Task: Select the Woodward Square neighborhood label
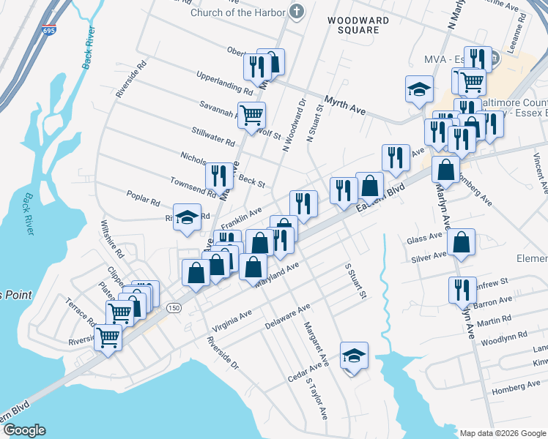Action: point(353,25)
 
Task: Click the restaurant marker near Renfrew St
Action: point(462,290)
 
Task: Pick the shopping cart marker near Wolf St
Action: point(252,116)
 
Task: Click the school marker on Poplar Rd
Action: point(188,219)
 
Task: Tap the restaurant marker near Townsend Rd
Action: point(219,176)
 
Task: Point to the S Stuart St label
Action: point(355,280)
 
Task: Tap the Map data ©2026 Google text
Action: point(502,433)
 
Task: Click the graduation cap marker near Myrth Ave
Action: point(419,91)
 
